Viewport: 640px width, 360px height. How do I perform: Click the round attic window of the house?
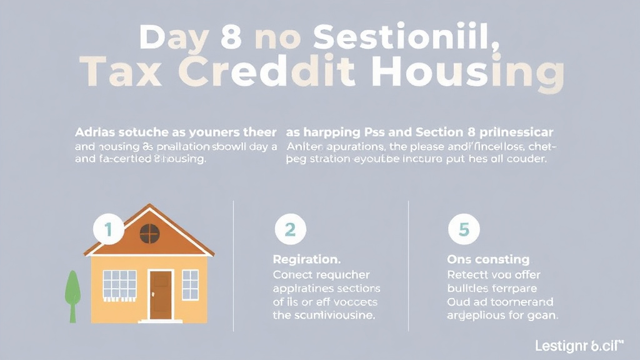click(149, 234)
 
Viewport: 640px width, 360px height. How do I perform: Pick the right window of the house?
click(190, 284)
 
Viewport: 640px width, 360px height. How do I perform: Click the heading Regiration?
click(307, 259)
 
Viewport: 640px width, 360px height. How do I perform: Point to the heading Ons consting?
click(488, 259)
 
